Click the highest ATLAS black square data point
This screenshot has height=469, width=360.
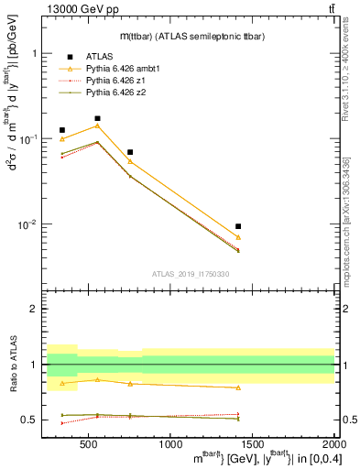coord(98,118)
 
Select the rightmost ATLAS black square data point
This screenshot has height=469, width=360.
coord(238,226)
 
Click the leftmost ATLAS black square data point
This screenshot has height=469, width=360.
coord(62,130)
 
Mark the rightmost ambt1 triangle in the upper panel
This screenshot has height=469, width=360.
coord(238,237)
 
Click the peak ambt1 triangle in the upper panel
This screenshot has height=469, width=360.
coord(98,125)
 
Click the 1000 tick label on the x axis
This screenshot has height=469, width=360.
coord(171,445)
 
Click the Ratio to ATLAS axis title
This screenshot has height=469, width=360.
coord(13,366)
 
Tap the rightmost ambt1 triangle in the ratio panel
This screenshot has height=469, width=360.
coord(238,387)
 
